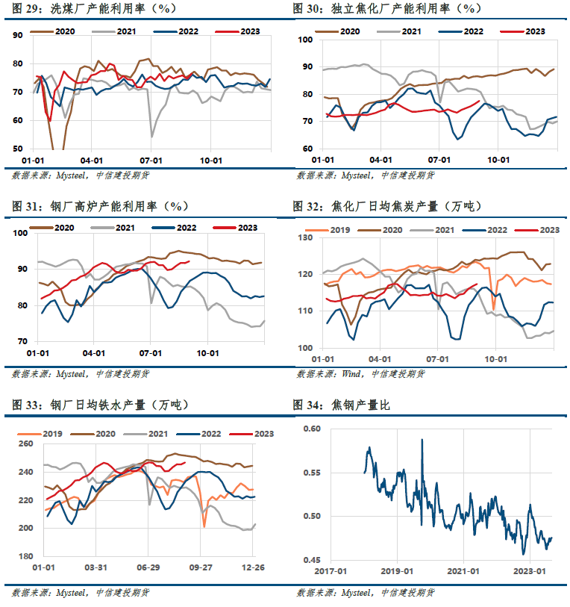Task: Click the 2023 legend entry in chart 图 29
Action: (x=237, y=31)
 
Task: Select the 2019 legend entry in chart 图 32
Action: (x=328, y=230)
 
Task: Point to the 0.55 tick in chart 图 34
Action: (x=312, y=473)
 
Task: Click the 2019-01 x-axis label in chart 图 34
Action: (x=397, y=571)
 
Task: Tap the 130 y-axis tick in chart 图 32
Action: (x=305, y=237)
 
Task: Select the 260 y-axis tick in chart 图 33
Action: (x=25, y=443)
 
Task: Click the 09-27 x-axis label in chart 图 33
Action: (x=201, y=567)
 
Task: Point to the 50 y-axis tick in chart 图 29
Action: (x=18, y=149)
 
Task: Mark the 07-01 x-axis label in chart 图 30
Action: (x=439, y=160)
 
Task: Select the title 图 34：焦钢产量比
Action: (x=341, y=405)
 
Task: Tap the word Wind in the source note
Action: (x=351, y=374)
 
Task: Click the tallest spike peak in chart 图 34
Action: (x=422, y=439)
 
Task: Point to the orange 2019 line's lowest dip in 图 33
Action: (x=204, y=527)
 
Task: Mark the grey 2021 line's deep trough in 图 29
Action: (x=151, y=137)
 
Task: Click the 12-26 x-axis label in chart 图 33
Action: (x=253, y=567)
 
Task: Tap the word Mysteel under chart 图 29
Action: (x=71, y=175)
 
